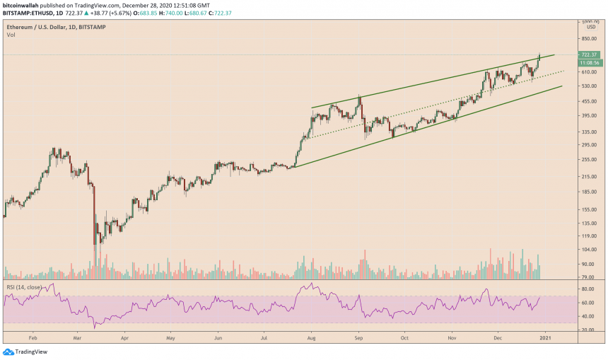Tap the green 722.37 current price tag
tap(589, 54)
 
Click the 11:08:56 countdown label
tap(589, 62)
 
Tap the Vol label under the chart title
tap(11, 35)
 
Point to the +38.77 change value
tap(110, 13)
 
